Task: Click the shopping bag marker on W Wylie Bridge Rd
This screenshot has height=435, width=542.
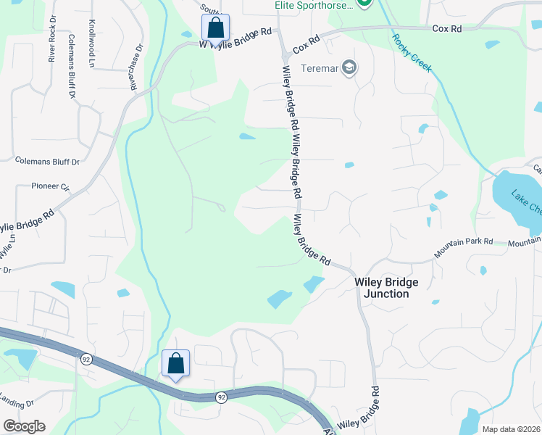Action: coord(215,28)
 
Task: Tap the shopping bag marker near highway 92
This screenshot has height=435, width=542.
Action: coord(175,363)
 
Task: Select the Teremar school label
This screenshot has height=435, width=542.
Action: coord(318,68)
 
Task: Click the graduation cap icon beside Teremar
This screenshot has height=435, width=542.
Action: coord(349,68)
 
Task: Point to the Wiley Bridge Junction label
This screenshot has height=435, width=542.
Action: coord(382,288)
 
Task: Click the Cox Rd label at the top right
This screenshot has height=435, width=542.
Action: coord(446,29)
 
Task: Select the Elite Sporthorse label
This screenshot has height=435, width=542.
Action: coord(314,5)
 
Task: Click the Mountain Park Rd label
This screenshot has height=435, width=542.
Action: coord(463,246)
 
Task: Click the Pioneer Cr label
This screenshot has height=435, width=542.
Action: coord(50,186)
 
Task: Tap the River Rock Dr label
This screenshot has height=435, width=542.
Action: coord(52,38)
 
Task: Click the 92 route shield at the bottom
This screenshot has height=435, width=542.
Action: coord(220,397)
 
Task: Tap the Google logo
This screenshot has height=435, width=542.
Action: coord(24,426)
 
